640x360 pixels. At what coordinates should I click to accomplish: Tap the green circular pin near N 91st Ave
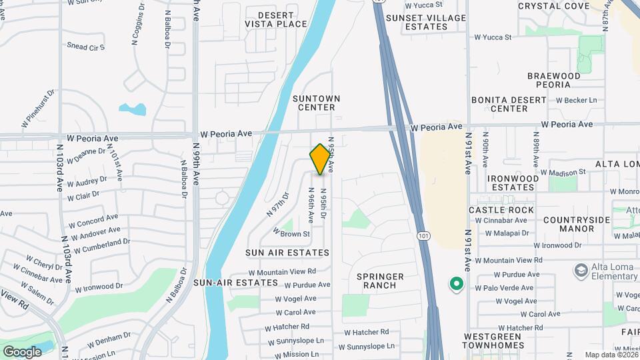point(456,285)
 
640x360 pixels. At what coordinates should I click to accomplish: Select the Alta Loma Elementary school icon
point(580,271)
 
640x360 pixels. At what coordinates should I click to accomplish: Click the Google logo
point(22,351)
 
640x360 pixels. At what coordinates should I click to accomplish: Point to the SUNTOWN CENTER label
point(317,103)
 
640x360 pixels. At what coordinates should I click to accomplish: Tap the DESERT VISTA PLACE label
point(276,19)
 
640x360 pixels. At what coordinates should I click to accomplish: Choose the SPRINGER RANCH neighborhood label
point(381,281)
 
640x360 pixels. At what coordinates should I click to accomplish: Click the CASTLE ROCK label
point(501,210)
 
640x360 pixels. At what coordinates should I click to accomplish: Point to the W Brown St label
point(291,234)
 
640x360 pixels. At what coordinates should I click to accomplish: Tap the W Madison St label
point(566,172)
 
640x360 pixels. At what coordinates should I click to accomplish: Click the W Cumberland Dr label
point(101,245)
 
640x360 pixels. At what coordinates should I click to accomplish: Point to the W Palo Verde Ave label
point(504,288)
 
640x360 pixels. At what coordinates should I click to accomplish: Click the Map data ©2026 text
point(611,355)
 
